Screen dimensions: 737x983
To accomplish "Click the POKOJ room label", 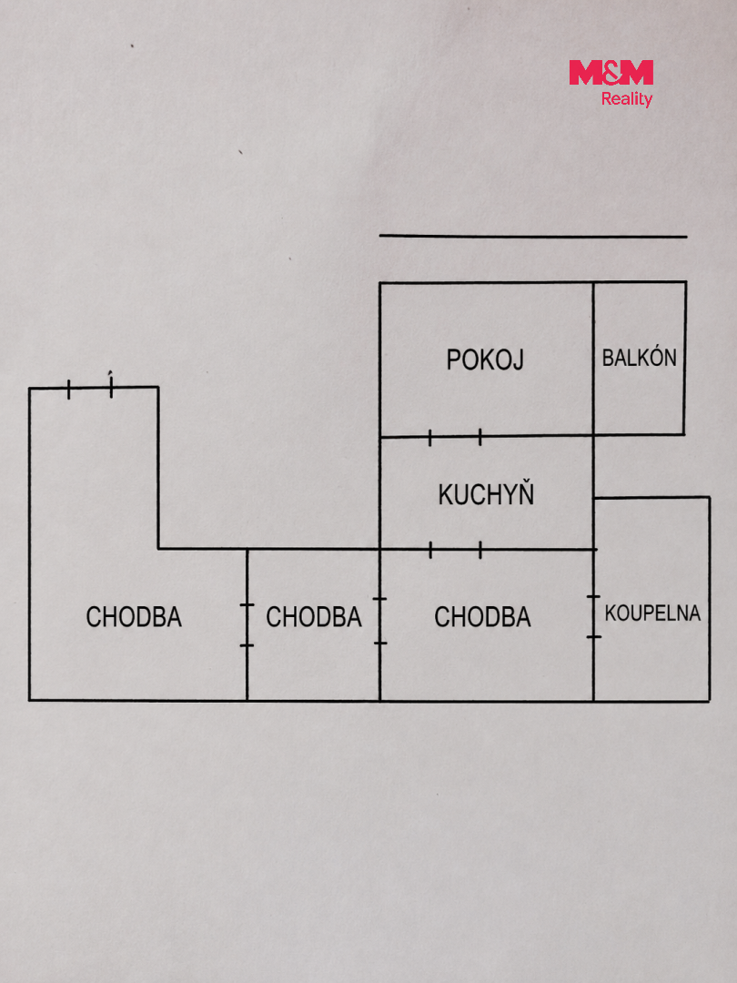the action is coord(484,360).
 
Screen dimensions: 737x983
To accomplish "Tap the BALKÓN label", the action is coord(640,357).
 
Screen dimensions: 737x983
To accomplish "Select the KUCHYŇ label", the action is coord(486,493).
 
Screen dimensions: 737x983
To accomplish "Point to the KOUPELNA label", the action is coord(652,613).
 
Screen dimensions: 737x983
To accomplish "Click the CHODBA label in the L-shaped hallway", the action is coord(134,617).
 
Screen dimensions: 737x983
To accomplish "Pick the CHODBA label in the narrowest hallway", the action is coord(313,617).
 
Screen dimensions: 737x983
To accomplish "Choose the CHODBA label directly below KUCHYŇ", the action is coord(482,617).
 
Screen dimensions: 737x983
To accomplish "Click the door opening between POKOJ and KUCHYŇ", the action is coord(455,437).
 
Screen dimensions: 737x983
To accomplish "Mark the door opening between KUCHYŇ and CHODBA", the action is coord(456,550).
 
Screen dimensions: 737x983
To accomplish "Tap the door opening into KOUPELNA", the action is coord(593,617).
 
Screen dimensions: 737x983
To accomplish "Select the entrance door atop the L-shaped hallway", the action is coord(89,388).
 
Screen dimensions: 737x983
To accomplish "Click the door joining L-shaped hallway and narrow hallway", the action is coord(247,625).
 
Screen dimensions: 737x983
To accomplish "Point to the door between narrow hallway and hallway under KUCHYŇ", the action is coord(379,621).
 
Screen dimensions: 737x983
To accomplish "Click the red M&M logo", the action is coord(611,72).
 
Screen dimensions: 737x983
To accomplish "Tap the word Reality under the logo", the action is coord(627,98).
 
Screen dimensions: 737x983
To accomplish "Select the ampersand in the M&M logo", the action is coord(611,72).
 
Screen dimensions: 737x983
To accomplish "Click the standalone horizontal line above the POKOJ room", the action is coord(533,237).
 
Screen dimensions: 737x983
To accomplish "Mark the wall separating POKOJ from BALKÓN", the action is coord(593,359).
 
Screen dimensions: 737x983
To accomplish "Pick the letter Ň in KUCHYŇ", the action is coord(525,493).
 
